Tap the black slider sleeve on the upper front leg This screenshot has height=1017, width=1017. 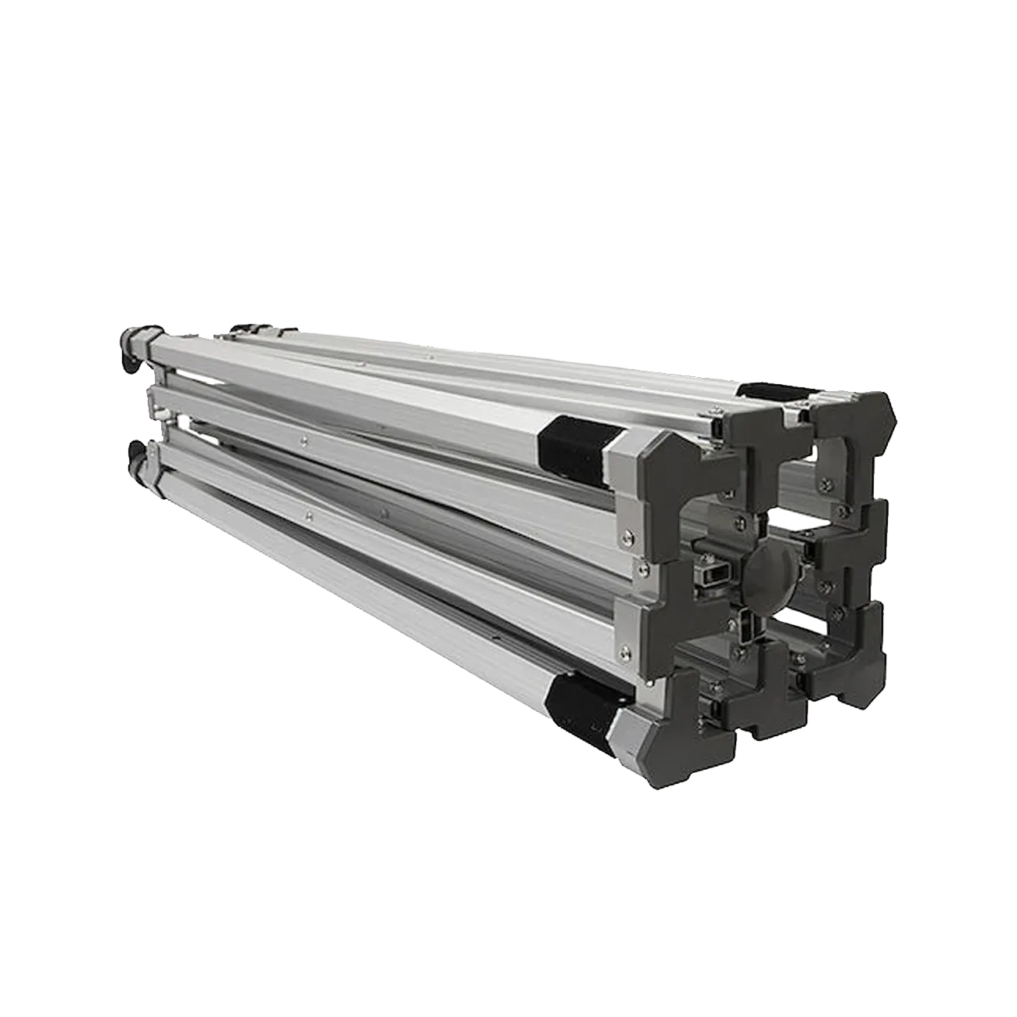[x=574, y=443]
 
